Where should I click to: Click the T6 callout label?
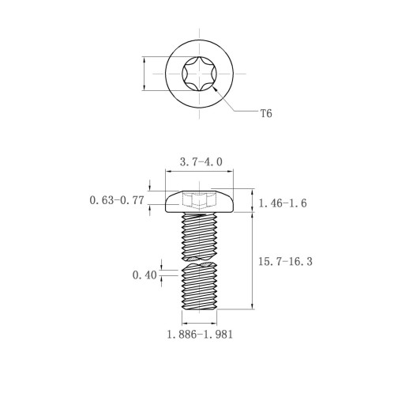[x=266, y=114]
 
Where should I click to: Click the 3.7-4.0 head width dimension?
[x=201, y=161]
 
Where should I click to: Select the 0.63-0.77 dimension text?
[x=117, y=200]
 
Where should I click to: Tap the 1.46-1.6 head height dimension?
[x=283, y=203]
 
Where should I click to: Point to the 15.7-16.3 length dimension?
[x=285, y=262]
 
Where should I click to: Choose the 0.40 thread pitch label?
[x=144, y=275]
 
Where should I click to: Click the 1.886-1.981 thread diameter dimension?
[x=200, y=335]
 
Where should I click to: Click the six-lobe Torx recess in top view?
[x=200, y=74]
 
